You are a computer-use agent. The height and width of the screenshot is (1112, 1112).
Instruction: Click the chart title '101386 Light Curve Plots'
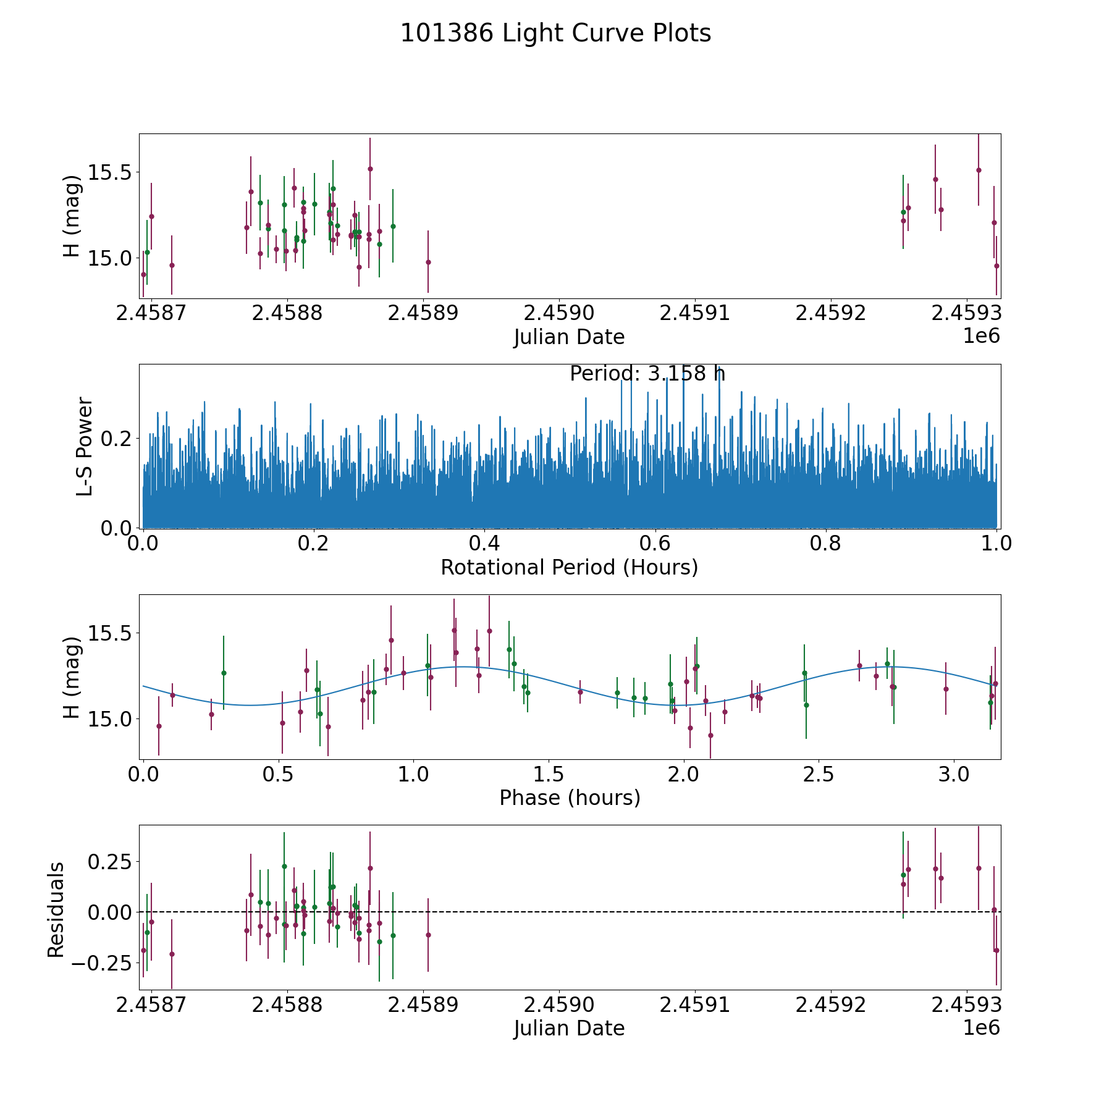click(x=555, y=33)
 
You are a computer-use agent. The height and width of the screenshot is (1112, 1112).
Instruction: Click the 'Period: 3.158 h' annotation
click(x=647, y=374)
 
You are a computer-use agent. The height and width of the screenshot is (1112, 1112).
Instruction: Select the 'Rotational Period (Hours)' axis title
click(x=569, y=567)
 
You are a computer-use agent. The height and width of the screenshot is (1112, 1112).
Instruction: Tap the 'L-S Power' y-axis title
click(x=85, y=446)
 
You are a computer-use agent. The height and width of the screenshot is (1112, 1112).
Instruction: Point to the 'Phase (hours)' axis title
click(x=569, y=798)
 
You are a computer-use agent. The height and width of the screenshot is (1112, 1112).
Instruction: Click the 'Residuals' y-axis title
click(x=56, y=909)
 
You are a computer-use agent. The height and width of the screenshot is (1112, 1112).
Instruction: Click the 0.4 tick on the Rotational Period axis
click(x=484, y=544)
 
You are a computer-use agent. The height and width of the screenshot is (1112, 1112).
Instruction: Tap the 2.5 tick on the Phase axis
click(x=819, y=775)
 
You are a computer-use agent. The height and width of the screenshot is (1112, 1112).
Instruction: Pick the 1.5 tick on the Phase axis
click(x=549, y=775)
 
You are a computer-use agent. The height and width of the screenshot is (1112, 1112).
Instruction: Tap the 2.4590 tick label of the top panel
click(x=558, y=313)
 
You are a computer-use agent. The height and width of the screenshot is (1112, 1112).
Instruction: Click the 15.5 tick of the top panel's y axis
click(x=111, y=172)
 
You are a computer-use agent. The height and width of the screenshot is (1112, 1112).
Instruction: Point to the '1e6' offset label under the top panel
click(x=982, y=336)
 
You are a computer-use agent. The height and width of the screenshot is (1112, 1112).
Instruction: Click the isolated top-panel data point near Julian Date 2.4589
click(x=428, y=262)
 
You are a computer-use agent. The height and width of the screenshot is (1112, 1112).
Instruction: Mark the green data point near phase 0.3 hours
click(x=224, y=673)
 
